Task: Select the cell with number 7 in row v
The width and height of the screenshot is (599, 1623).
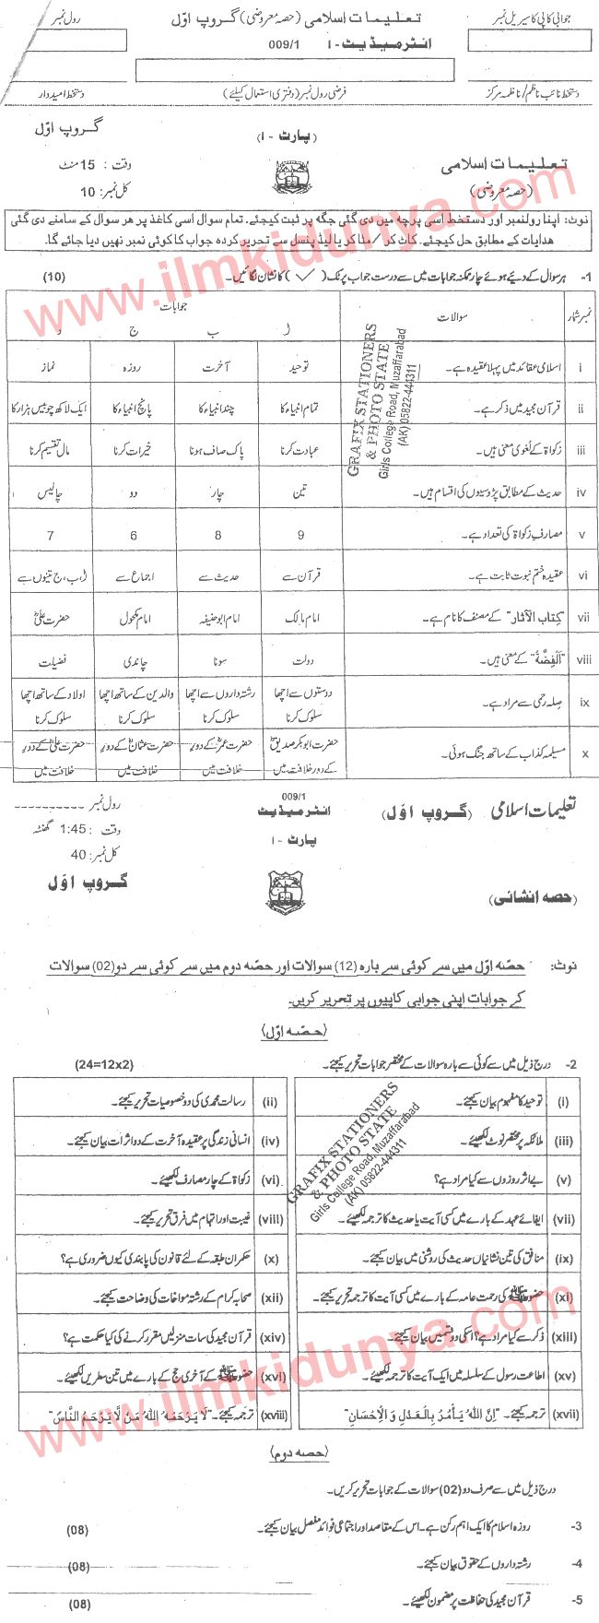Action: click(x=50, y=535)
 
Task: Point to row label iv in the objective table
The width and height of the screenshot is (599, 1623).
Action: click(x=581, y=493)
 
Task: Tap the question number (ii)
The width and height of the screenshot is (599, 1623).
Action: click(x=270, y=1102)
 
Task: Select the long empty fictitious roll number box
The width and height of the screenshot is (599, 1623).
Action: click(x=294, y=70)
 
